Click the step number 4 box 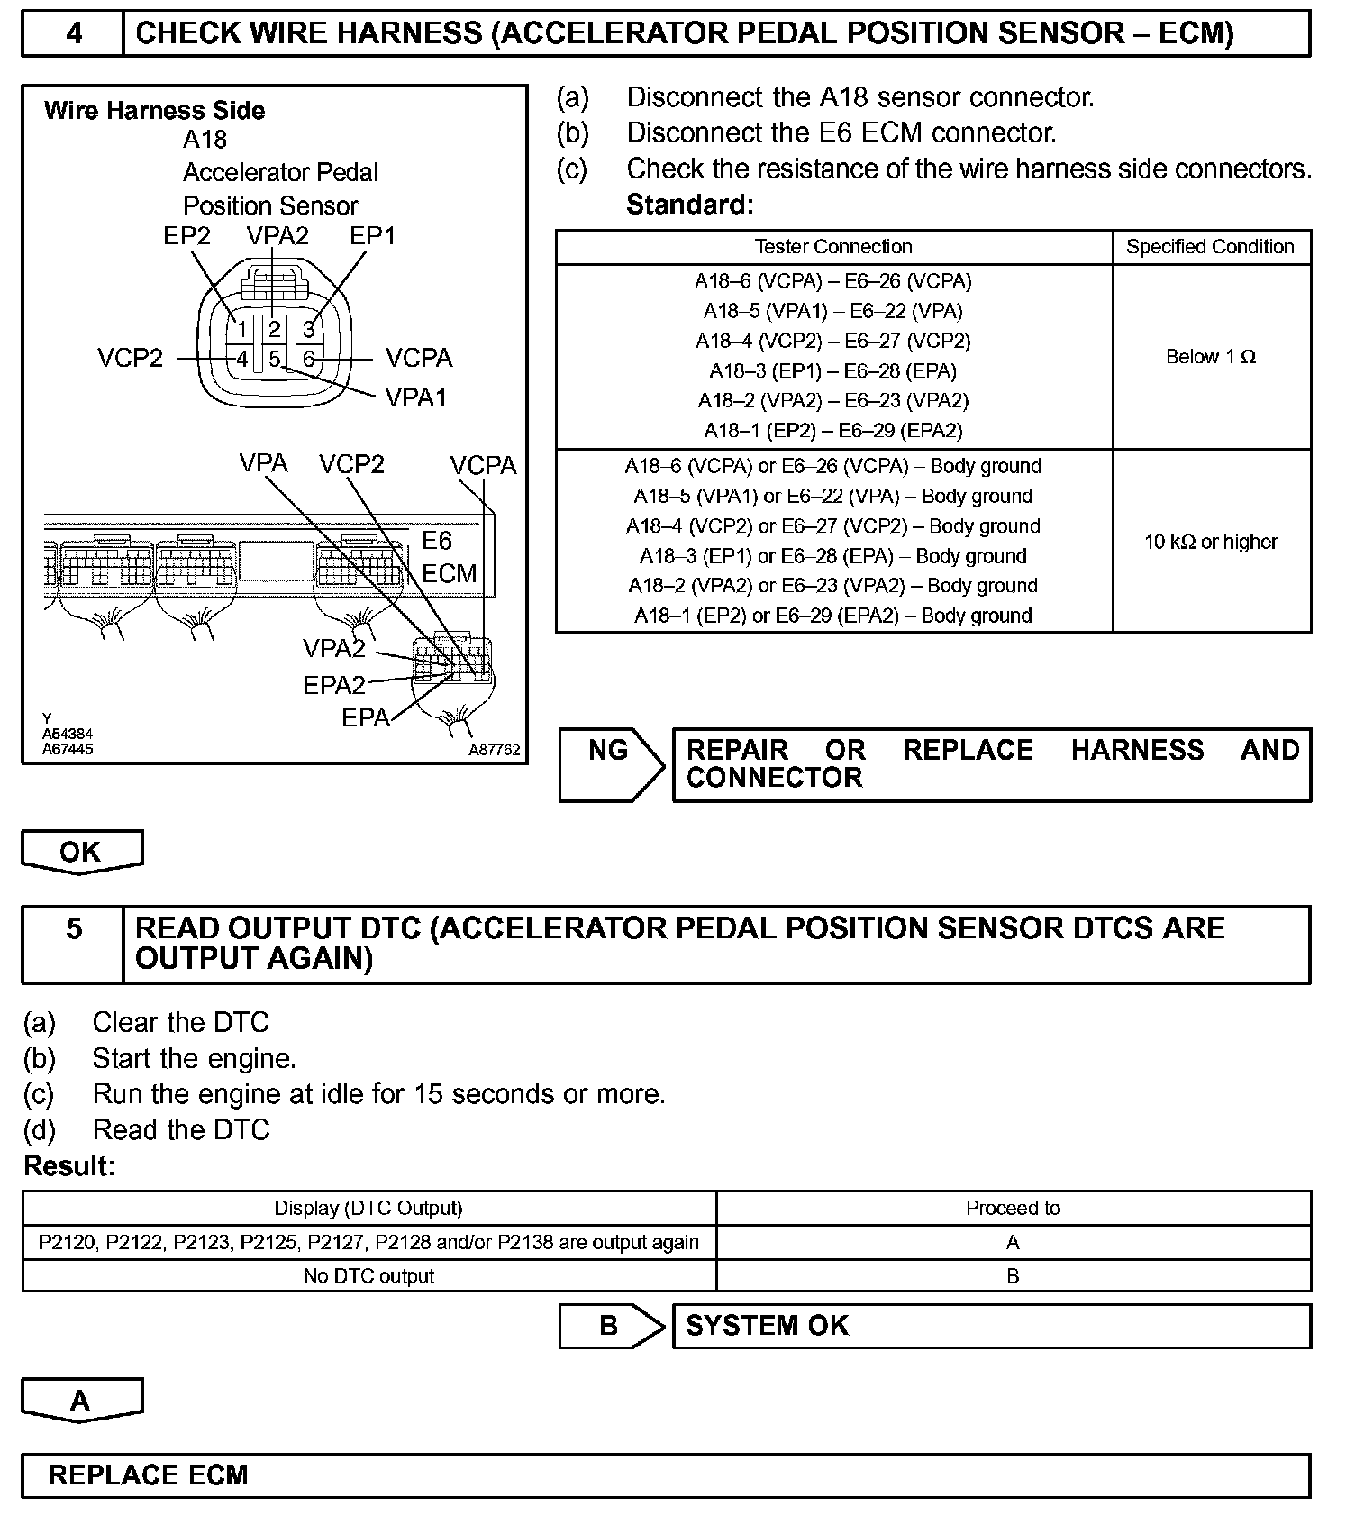pyautogui.click(x=73, y=33)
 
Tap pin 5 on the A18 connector pyautogui.click(x=274, y=359)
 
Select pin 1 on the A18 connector pyautogui.click(x=241, y=329)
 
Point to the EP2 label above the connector pyautogui.click(x=186, y=236)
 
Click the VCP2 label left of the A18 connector pyautogui.click(x=131, y=359)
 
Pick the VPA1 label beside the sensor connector pyautogui.click(x=415, y=397)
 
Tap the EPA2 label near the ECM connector pyautogui.click(x=333, y=686)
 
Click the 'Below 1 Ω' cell pyautogui.click(x=1210, y=357)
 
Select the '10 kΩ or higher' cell pyautogui.click(x=1210, y=542)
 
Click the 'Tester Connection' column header pyautogui.click(x=832, y=247)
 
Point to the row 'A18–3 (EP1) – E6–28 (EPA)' pyautogui.click(x=832, y=371)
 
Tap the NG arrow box pyautogui.click(x=610, y=764)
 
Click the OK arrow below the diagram pyautogui.click(x=81, y=852)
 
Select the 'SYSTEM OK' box pyautogui.click(x=991, y=1326)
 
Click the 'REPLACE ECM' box pyautogui.click(x=665, y=1475)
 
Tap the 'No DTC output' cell pyautogui.click(x=368, y=1276)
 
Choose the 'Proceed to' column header pyautogui.click(x=1013, y=1209)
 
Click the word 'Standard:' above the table pyautogui.click(x=689, y=205)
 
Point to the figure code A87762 pyautogui.click(x=494, y=750)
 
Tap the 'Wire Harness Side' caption pyautogui.click(x=154, y=111)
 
